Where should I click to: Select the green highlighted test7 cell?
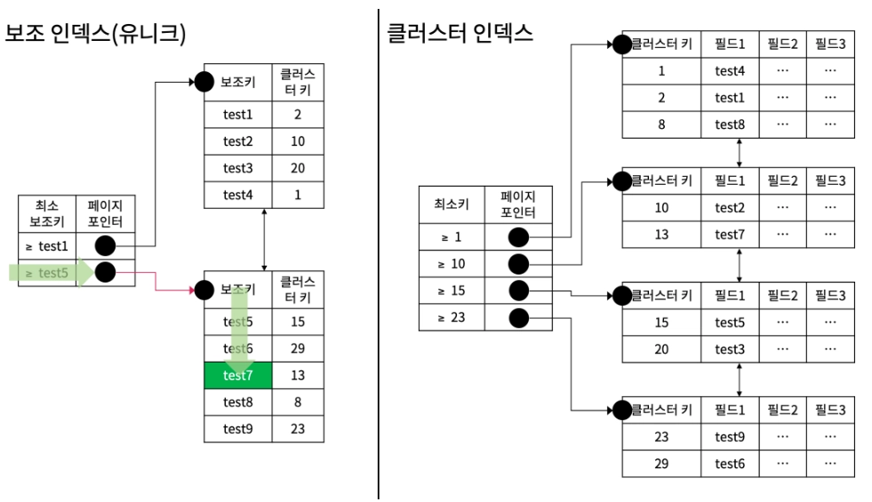[238, 376]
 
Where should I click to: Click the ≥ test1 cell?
[47, 244]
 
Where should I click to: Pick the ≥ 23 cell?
[452, 318]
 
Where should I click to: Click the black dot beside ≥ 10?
[518, 264]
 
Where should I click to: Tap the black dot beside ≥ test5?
[105, 273]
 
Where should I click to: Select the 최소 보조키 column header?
[46, 214]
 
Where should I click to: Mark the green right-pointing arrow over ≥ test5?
[53, 273]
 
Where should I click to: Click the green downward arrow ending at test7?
[238, 333]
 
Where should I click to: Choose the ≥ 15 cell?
[452, 291]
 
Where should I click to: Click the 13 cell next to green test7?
[298, 376]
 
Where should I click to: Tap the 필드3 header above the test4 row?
[830, 44]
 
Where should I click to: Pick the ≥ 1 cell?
[452, 237]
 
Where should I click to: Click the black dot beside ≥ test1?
[105, 244]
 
